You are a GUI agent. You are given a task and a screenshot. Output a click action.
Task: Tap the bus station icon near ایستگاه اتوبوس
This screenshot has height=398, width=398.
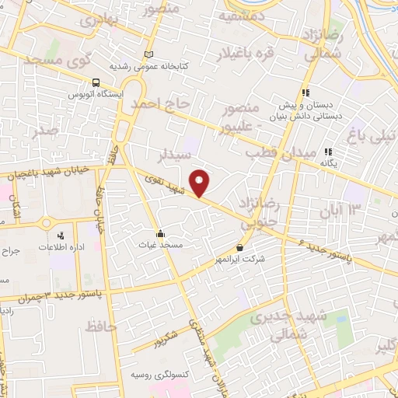[x=96, y=83]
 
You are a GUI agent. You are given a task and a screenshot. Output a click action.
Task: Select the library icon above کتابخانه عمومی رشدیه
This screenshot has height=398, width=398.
[x=149, y=54]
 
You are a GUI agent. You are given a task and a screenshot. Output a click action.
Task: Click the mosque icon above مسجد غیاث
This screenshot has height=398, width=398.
[x=159, y=232]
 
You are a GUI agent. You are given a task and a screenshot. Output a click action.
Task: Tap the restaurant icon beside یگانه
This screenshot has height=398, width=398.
[x=329, y=152]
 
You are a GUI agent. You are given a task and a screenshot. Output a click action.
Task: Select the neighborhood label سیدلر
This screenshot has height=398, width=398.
[x=175, y=155]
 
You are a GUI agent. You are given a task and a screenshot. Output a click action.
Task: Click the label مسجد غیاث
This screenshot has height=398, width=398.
[x=165, y=246]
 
